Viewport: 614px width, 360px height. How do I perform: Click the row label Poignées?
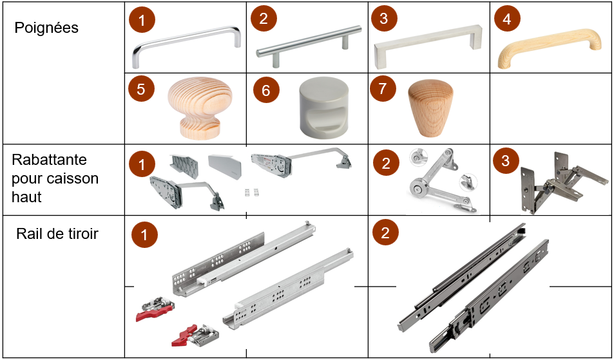point(46,28)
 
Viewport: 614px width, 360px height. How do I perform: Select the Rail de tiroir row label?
point(57,234)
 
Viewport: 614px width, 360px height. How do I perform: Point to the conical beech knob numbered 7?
point(430,108)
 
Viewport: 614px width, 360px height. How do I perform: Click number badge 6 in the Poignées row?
point(266,90)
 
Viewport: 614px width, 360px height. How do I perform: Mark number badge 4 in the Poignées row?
point(507,19)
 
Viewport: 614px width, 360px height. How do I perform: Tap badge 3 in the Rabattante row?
point(506,160)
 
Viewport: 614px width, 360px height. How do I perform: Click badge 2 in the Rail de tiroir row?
point(385,232)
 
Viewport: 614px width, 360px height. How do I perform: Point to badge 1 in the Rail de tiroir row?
point(144,235)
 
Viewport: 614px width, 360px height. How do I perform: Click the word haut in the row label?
point(26,196)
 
